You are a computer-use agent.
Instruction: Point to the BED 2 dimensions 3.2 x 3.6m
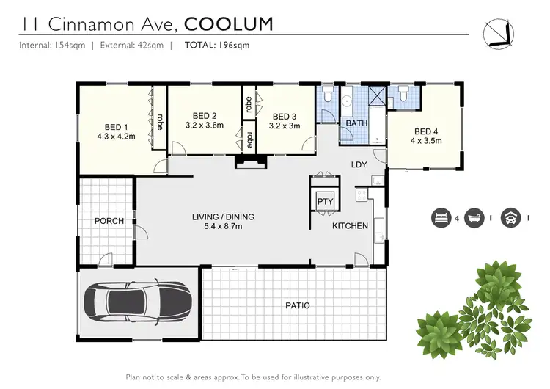pos(204,125)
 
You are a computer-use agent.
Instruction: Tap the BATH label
pos(356,123)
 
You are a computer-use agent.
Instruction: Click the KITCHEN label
pos(350,225)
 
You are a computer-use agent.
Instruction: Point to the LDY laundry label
pos(359,164)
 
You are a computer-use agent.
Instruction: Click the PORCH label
pos(109,221)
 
